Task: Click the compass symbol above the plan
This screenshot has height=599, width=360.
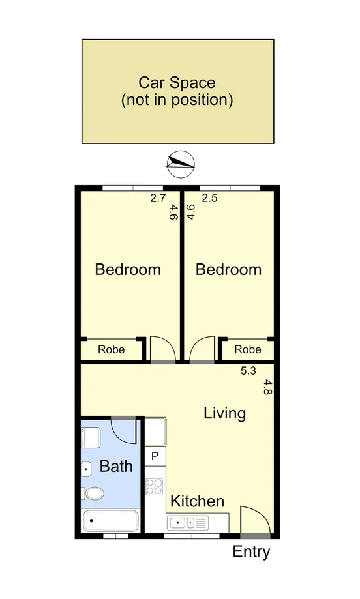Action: point(181,164)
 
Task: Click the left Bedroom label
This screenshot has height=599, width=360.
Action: point(128,269)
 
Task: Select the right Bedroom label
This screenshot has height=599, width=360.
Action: point(228,269)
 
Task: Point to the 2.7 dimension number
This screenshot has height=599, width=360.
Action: point(158,199)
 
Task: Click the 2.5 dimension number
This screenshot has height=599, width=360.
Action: point(209,199)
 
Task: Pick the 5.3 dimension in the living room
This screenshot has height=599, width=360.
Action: point(248,371)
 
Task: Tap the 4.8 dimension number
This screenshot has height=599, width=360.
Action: point(267,388)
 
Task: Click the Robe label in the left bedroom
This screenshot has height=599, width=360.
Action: point(112,350)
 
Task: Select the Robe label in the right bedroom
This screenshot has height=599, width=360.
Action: point(247,350)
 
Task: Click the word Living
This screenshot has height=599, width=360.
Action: point(224,413)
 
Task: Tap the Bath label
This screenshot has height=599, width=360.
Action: point(116,467)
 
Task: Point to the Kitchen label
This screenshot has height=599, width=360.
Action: point(197,501)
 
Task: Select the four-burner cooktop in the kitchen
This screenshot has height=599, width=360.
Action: point(155,486)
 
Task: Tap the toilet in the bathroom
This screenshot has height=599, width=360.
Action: point(93,494)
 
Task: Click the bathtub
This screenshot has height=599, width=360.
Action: point(111,522)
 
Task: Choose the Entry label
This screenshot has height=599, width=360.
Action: point(251,552)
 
